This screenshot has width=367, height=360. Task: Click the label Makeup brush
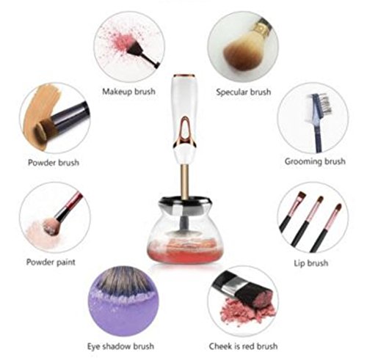(128, 92)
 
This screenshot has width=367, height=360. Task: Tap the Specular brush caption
(244, 92)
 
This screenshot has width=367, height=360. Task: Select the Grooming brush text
(315, 161)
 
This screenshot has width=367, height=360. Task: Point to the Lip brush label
(310, 263)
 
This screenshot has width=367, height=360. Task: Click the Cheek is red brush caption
(243, 346)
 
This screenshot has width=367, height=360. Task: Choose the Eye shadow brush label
(120, 346)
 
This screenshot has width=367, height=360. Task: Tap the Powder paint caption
(51, 262)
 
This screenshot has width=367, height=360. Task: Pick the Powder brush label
(54, 163)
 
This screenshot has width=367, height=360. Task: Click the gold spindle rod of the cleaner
(185, 182)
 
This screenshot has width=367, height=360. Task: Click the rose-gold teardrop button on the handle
(185, 132)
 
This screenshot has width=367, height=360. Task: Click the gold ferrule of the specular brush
(262, 27)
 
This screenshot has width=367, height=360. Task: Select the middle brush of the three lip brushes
(308, 221)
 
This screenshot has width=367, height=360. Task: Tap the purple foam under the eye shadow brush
(123, 313)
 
